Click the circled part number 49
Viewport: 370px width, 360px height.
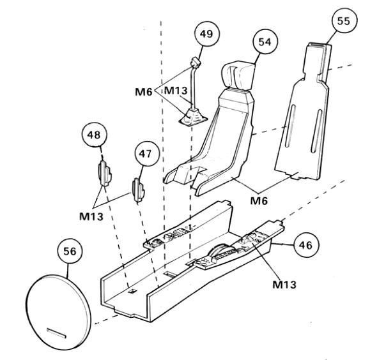tap(207, 33)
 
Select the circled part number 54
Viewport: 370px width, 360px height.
tap(265, 41)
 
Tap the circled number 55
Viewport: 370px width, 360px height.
tap(344, 21)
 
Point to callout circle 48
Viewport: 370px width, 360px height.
tap(94, 135)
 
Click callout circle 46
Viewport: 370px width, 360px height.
tap(306, 245)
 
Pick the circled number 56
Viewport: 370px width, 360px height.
tap(70, 251)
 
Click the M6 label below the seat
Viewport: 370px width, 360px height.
tap(259, 201)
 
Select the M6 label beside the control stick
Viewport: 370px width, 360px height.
tap(144, 92)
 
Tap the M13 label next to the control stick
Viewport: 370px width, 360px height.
tap(176, 90)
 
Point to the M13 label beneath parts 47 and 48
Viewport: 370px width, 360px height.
tap(91, 216)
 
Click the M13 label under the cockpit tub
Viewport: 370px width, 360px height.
tap(284, 285)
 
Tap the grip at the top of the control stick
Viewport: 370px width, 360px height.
tap(195, 63)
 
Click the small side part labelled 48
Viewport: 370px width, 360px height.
tap(105, 173)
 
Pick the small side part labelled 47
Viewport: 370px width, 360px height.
tap(138, 190)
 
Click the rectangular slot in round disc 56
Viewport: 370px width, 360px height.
tap(57, 333)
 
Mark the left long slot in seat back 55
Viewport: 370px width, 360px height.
tap(290, 126)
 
